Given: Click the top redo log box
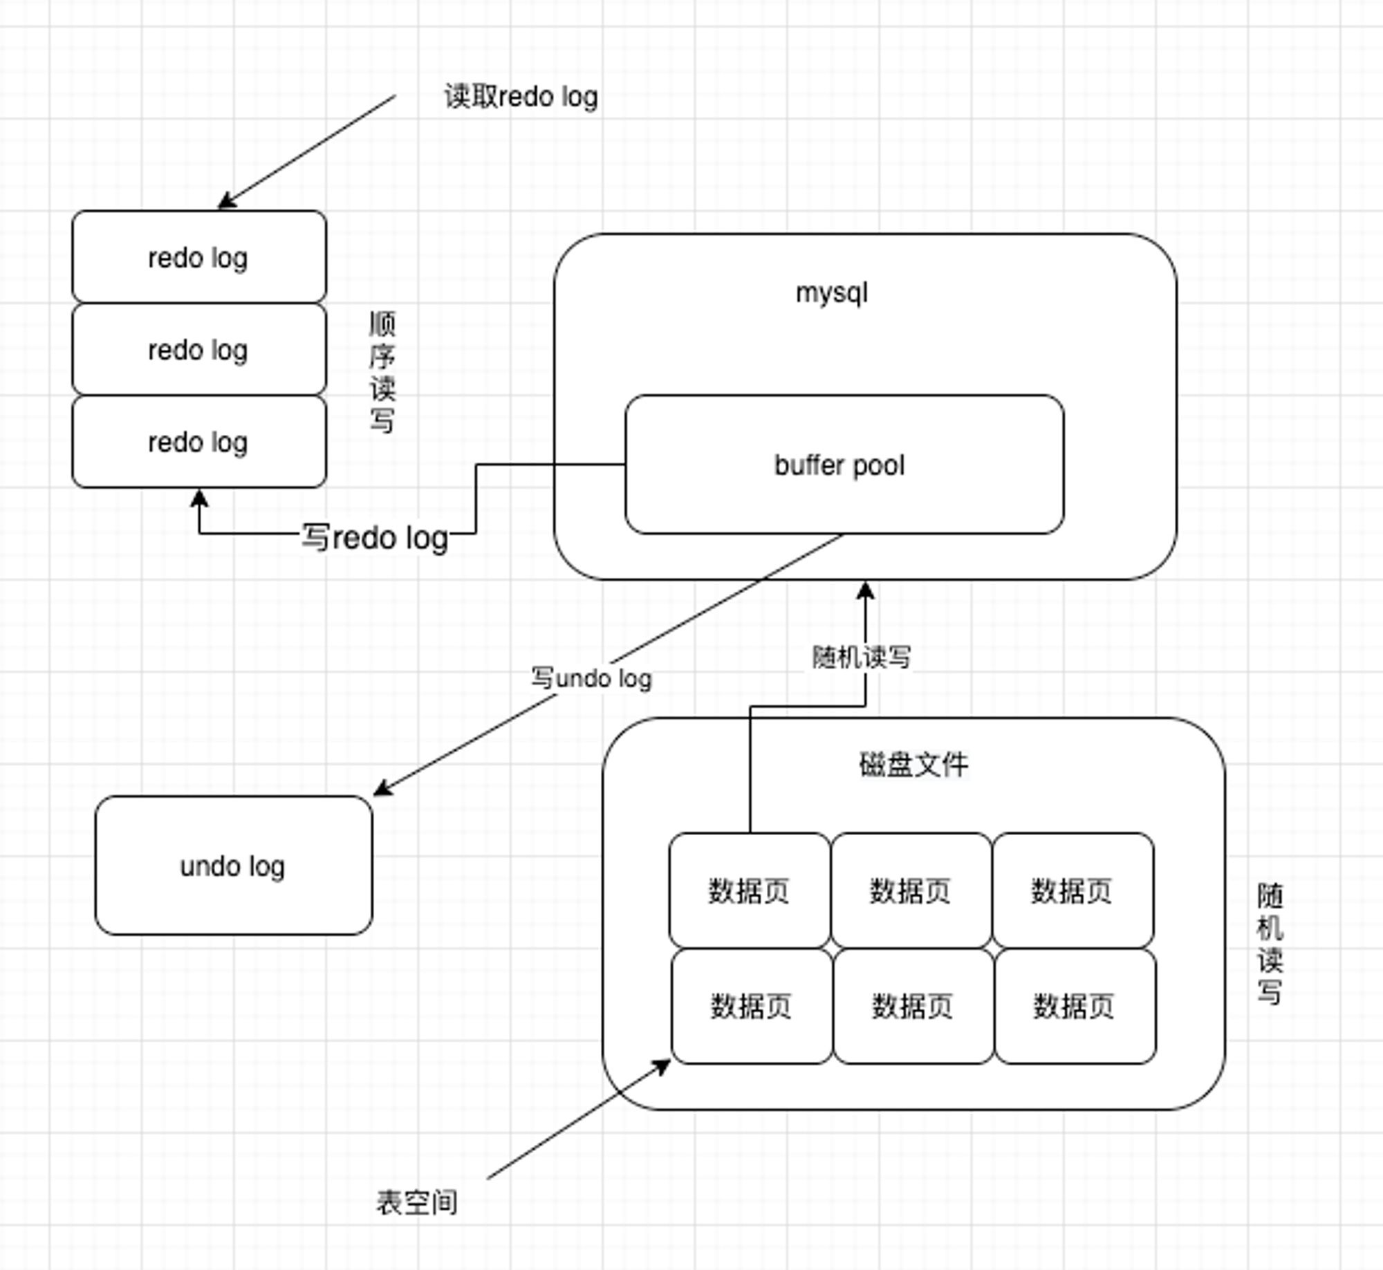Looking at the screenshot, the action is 199,256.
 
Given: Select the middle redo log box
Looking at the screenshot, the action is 199,349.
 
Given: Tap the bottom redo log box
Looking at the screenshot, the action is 199,441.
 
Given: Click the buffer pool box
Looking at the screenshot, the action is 844,465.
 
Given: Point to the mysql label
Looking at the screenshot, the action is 832,293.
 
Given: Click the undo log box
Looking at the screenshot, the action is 234,866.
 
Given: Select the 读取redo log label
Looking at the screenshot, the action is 521,97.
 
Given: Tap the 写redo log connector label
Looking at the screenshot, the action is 375,538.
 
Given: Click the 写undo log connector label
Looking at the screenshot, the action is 592,678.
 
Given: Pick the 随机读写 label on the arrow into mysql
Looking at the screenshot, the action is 862,657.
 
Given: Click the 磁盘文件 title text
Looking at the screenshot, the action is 913,765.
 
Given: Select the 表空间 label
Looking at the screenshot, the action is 417,1202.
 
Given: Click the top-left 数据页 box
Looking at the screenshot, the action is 750,890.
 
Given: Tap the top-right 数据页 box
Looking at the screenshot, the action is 1073,890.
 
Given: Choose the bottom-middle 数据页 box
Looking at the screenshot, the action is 913,1006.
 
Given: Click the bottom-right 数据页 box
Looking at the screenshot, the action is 1075,1006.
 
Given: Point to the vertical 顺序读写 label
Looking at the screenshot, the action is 382,372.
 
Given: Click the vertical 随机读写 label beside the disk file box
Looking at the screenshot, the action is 1270,943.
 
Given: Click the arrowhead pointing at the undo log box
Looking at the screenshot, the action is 382,788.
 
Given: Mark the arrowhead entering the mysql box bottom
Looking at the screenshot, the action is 866,590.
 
